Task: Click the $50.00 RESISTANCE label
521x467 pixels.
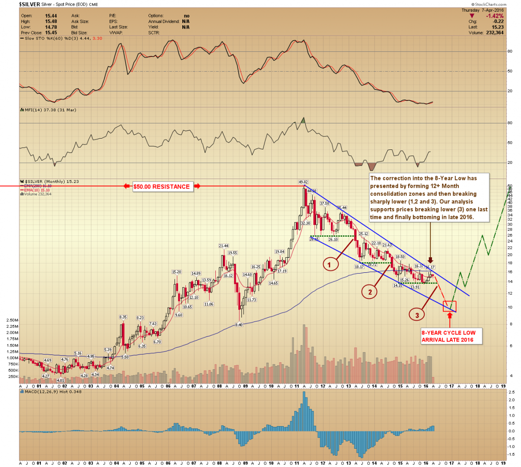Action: (x=162, y=187)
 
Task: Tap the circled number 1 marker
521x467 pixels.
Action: (x=330, y=264)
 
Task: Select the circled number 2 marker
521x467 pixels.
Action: (x=370, y=292)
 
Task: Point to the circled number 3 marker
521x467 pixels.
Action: (x=417, y=315)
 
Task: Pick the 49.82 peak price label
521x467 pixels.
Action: (x=303, y=182)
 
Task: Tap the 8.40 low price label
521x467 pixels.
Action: (x=238, y=325)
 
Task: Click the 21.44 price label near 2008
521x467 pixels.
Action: (x=224, y=246)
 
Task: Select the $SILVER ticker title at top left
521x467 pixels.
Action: (x=30, y=5)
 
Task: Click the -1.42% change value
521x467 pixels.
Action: (x=495, y=16)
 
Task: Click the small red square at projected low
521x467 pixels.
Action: (x=449, y=306)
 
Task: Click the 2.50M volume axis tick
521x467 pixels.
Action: (x=12, y=320)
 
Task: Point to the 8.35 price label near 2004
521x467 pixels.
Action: (x=123, y=317)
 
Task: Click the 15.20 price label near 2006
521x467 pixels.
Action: (x=176, y=272)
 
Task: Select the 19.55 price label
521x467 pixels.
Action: (x=232, y=253)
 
